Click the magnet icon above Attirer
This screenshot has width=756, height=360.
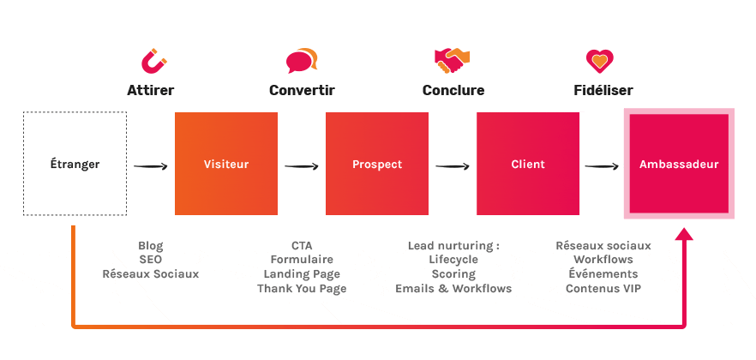153,61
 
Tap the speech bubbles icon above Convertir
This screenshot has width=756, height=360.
302,61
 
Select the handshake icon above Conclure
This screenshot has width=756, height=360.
453,60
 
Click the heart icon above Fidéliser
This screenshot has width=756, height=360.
599,60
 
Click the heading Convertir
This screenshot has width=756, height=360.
302,90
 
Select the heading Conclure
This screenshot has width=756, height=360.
453,90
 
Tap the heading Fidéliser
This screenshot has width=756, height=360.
603,90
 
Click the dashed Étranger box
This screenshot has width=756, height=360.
75,164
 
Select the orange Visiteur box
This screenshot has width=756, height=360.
226,164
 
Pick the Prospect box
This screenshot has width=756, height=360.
377,164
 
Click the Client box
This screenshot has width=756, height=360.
528,164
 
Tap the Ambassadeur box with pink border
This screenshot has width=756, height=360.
679,164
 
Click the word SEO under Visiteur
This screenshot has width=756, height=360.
150,260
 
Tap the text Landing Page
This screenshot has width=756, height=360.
302,274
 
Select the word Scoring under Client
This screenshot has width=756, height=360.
453,274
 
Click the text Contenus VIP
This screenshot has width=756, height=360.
603,289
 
